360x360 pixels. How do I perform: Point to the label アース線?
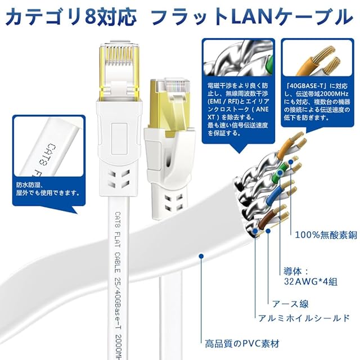pyautogui.click(x=290, y=304)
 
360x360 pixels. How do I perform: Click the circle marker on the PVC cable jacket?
pyautogui.click(x=201, y=257)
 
